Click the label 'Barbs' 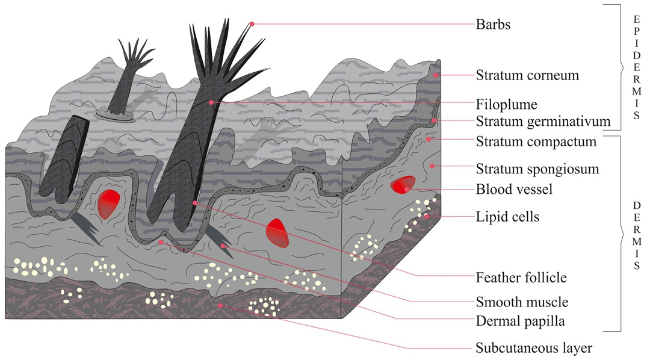coord(493,25)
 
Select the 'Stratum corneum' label coord(527,76)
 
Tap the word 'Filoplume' coord(505,103)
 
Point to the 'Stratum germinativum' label coord(543,122)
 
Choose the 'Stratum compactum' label coord(536,142)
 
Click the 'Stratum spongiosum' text coord(537,169)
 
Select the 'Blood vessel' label coord(514,190)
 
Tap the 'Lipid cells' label coord(507,217)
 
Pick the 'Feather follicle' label coord(521,278)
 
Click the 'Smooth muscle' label coord(521,302)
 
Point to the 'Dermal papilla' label coord(520,321)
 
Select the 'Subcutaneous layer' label coord(534,348)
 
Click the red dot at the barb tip coord(252,24)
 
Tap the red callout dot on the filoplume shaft coord(211,103)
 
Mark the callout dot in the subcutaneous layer coord(221,306)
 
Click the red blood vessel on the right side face coord(401,185)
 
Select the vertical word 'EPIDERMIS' coord(637,66)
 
